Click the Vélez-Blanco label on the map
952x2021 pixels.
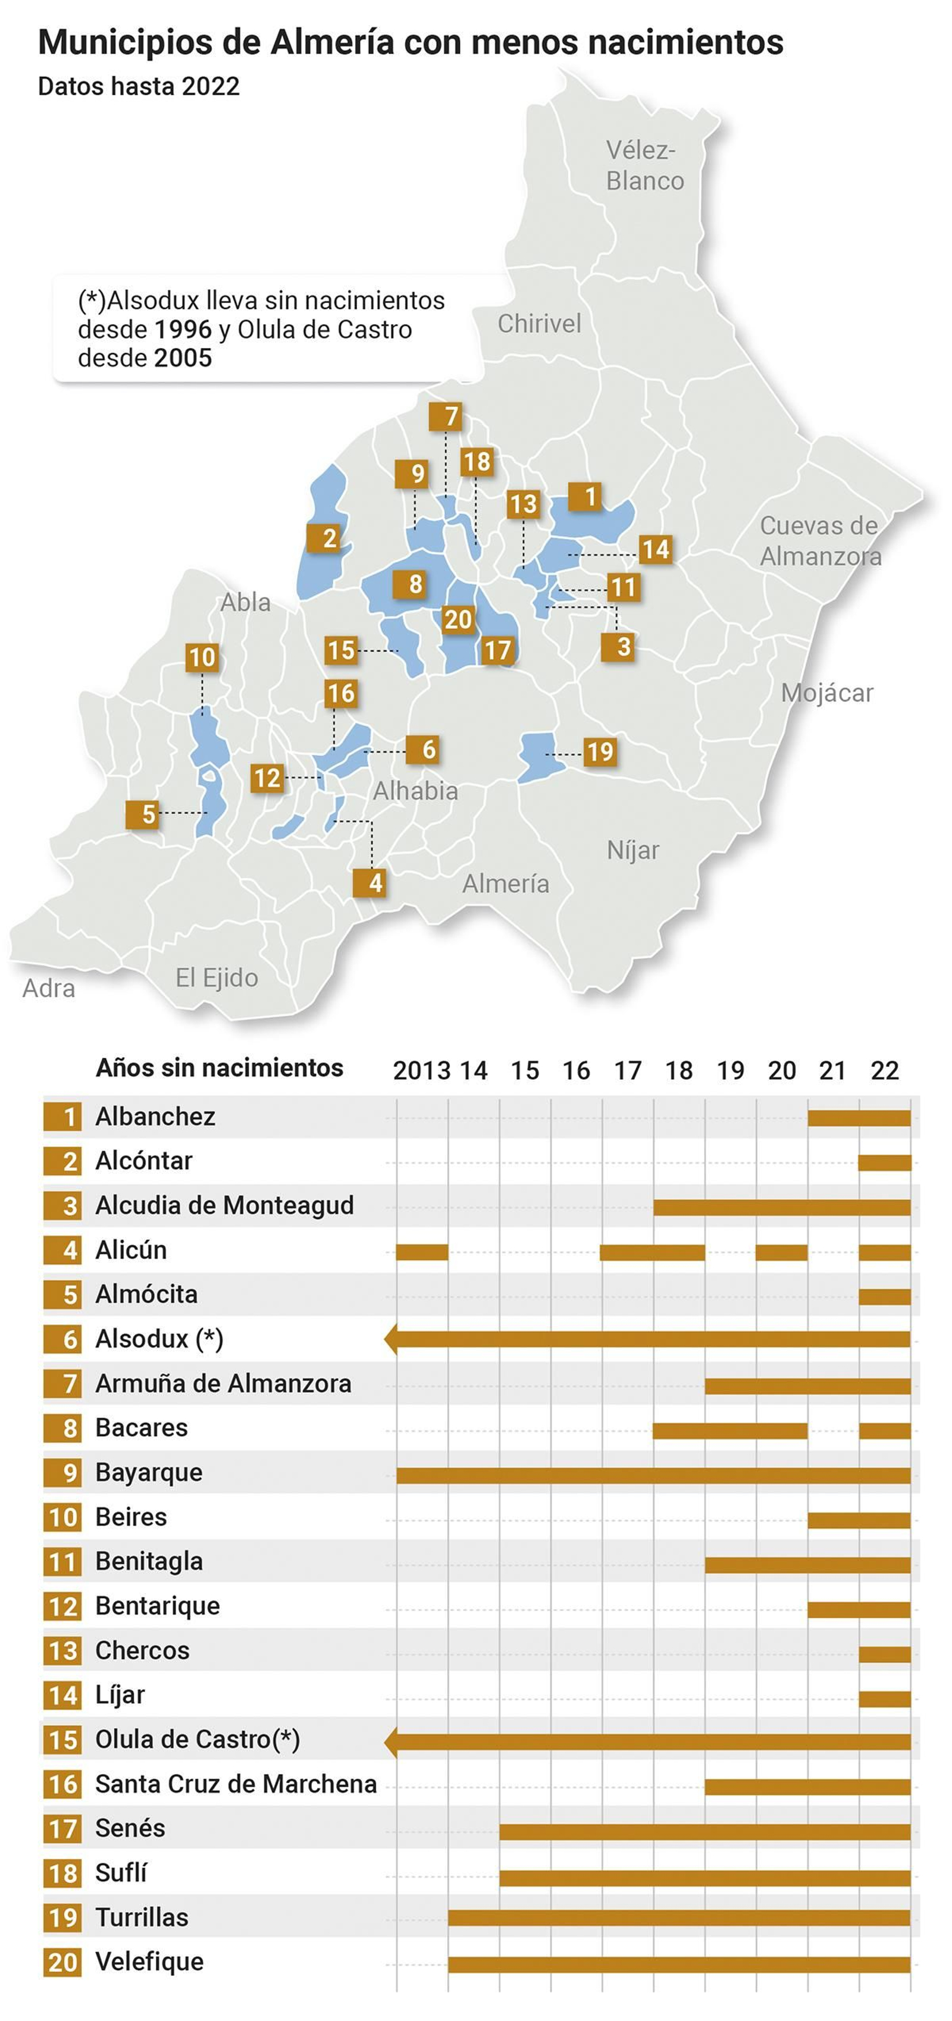point(644,165)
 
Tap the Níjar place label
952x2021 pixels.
point(632,850)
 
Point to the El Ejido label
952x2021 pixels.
point(217,977)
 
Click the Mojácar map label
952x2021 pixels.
point(826,693)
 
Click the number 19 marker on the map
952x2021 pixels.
point(600,751)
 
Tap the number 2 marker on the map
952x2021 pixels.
point(329,538)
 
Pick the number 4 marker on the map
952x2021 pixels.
point(375,883)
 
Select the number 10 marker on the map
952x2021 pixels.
point(202,657)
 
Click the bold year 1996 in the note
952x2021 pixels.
point(183,330)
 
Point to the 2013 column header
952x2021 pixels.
point(421,1070)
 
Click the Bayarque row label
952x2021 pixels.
point(148,1472)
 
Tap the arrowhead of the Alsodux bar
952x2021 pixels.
point(390,1339)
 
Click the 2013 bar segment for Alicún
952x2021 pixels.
point(421,1251)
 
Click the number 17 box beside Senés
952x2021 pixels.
point(63,1829)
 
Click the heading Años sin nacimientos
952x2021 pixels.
point(219,1068)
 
